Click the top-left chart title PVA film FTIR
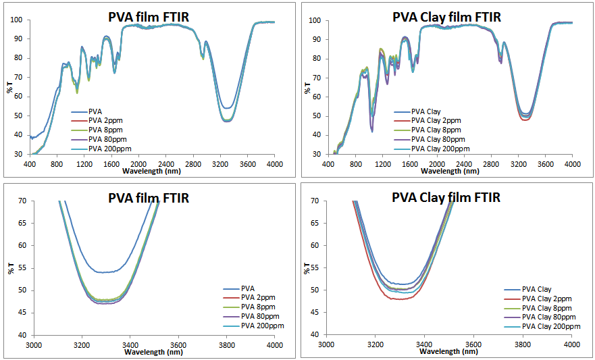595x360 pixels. pyautogui.click(x=149, y=17)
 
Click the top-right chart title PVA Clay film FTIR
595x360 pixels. pyautogui.click(x=447, y=17)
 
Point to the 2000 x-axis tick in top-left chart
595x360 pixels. pyautogui.click(x=138, y=164)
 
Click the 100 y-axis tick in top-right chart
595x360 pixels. pyautogui.click(x=315, y=20)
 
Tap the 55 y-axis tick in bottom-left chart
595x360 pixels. pyautogui.click(x=22, y=267)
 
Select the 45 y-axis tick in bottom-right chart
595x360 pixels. pyautogui.click(x=315, y=313)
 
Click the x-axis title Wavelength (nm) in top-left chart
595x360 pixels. pyautogui.click(x=153, y=171)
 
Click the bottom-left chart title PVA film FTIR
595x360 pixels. pyautogui.click(x=149, y=198)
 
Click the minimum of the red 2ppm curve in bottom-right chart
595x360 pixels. pyautogui.click(x=403, y=299)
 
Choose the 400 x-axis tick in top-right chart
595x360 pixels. pyautogui.click(x=328, y=164)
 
